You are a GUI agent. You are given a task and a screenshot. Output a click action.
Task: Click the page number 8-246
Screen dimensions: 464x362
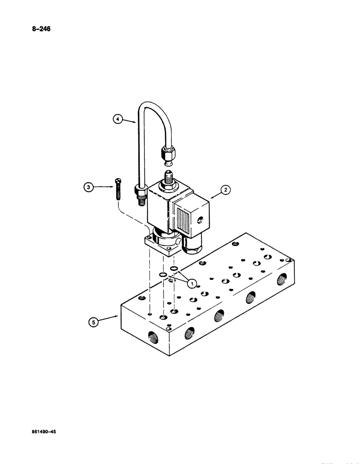40,29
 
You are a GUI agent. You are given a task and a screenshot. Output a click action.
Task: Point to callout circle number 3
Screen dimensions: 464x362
88,187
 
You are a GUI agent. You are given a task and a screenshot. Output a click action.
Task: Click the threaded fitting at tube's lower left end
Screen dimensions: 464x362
140,195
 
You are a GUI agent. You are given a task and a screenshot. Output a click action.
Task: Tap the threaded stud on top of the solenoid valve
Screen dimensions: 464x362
167,178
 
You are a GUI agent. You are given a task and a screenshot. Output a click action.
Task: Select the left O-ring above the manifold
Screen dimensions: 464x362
163,276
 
